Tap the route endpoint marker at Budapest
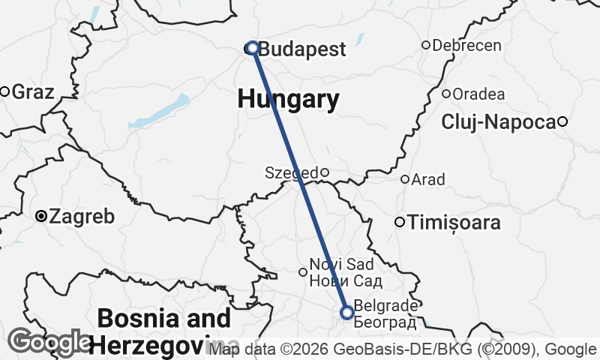(253, 48)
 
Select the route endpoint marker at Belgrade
(347, 312)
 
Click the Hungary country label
(288, 98)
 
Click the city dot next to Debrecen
(426, 45)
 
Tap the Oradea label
(478, 94)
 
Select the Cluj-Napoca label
(499, 121)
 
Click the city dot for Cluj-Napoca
(562, 121)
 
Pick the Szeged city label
(291, 173)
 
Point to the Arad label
(428, 180)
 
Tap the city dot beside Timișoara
(400, 222)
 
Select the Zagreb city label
(82, 217)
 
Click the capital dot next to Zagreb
(42, 217)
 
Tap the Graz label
(33, 92)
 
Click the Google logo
(49, 342)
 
